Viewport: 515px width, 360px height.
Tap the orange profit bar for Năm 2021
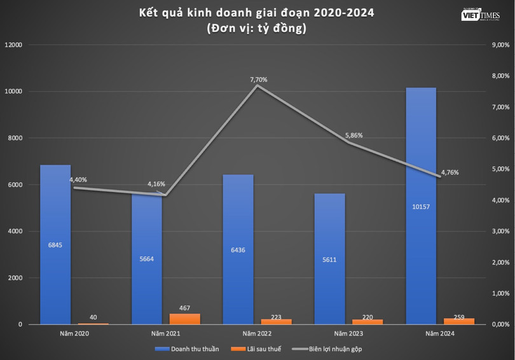click(184, 319)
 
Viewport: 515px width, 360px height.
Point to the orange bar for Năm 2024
click(459, 321)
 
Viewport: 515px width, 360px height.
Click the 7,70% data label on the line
click(259, 80)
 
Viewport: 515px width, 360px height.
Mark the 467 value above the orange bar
click(184, 307)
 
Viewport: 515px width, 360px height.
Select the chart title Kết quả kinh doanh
click(257, 13)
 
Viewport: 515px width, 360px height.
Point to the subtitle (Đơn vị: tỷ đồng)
click(257, 28)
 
